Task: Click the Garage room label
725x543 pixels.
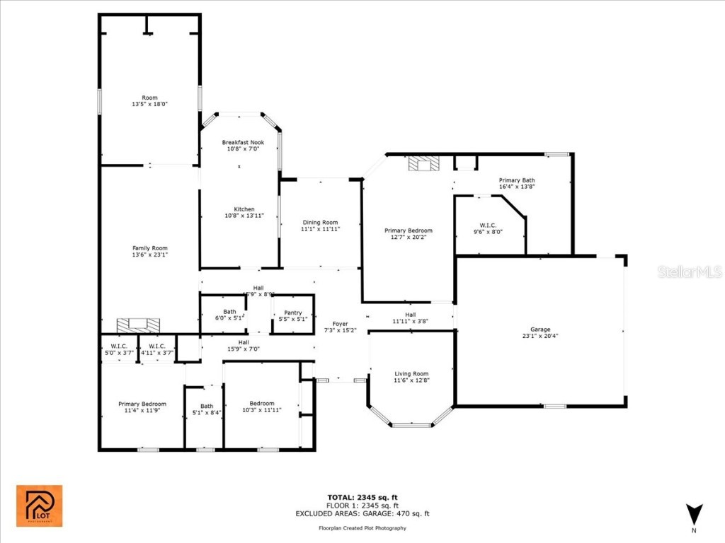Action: click(540, 329)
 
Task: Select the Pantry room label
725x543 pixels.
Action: click(292, 313)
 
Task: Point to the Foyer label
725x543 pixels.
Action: click(341, 324)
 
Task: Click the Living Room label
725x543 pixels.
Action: click(411, 374)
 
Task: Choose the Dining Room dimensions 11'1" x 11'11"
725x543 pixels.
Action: click(321, 229)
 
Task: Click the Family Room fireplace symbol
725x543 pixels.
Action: click(138, 325)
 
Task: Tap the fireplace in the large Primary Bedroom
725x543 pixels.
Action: click(424, 165)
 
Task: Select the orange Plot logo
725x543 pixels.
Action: click(40, 506)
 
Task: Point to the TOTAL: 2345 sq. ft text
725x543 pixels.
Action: click(362, 497)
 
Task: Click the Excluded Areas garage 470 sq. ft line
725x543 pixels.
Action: click(362, 514)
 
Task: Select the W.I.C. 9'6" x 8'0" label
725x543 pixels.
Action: click(488, 228)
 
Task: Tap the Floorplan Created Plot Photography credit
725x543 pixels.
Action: click(362, 528)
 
